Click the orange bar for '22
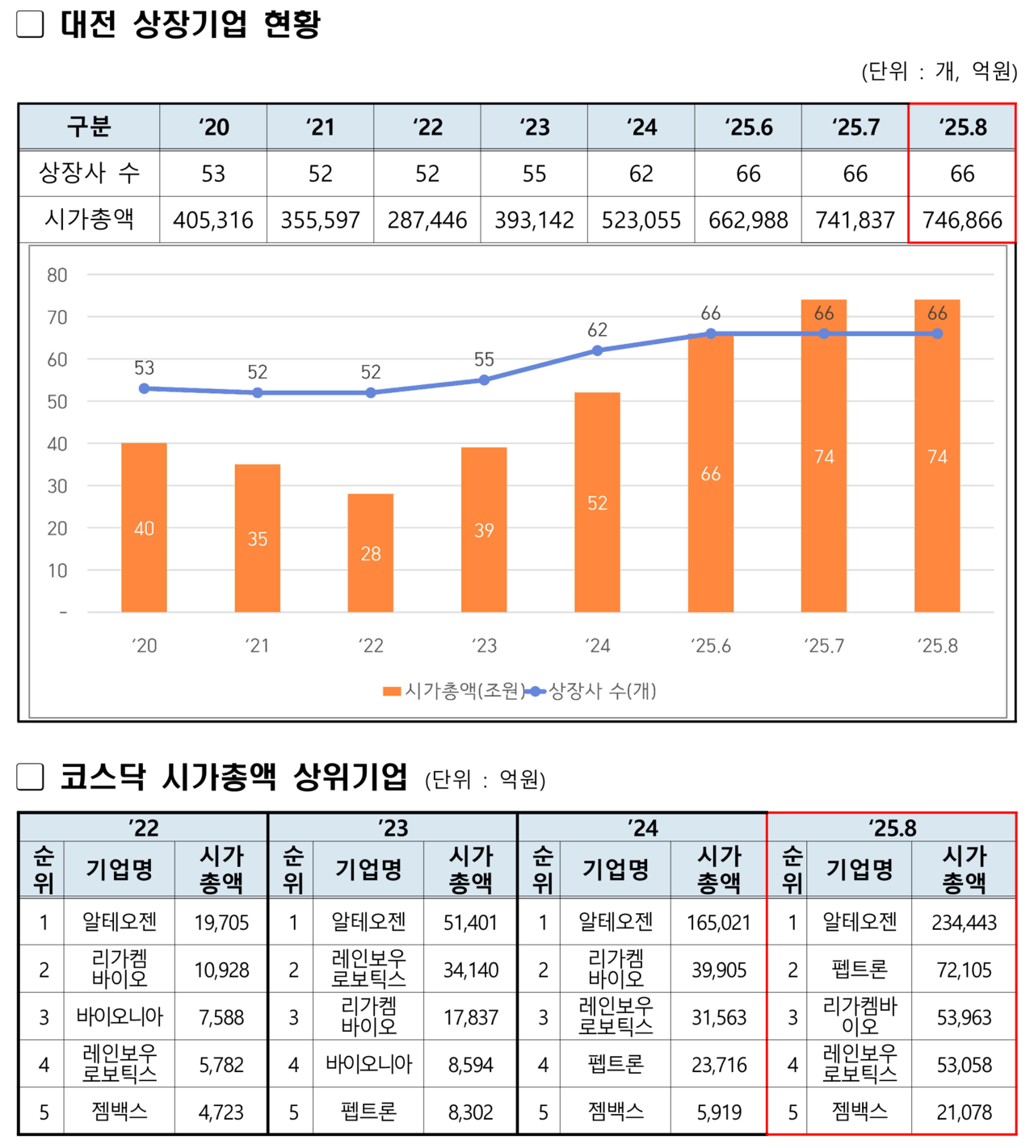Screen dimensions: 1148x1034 coord(370,553)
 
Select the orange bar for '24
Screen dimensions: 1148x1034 coord(597,502)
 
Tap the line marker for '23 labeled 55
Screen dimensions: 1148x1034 coord(484,379)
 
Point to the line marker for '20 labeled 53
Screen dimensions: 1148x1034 coord(144,388)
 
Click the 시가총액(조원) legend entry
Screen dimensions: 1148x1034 coord(453,691)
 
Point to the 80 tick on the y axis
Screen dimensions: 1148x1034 coord(57,275)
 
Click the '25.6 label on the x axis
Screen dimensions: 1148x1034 coord(710,646)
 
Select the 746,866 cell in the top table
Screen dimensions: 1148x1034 coord(961,220)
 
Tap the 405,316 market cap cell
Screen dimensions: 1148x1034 coord(213,220)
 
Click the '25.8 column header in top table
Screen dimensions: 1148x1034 coord(961,127)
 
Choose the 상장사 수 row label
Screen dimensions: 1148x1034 coord(89,173)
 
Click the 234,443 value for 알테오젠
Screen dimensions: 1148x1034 coord(964,922)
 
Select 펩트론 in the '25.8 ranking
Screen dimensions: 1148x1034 coord(859,970)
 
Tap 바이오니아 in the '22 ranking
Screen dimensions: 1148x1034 coord(120,1017)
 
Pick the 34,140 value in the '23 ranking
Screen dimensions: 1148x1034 coord(471,970)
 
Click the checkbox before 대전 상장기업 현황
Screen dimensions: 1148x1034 coord(30,24)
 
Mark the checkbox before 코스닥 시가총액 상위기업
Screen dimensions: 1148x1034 coord(30,777)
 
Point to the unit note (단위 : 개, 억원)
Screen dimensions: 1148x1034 coord(939,72)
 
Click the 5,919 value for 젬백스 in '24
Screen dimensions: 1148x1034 coord(718,1112)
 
